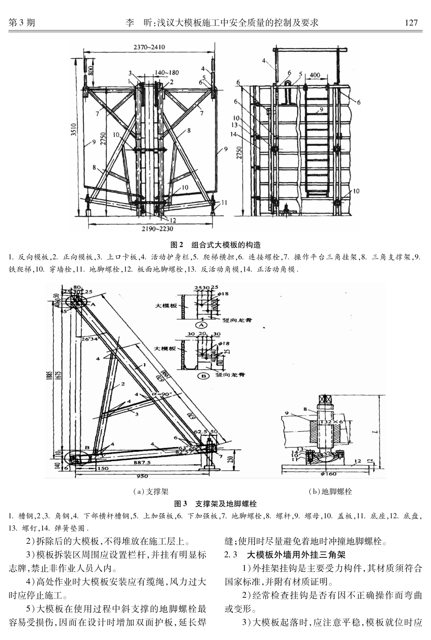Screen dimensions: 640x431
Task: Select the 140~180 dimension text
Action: tap(167, 72)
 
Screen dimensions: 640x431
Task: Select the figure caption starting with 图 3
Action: tap(215, 504)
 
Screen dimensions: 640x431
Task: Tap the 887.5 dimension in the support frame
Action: tap(142, 463)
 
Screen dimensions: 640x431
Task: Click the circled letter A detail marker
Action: tap(200, 325)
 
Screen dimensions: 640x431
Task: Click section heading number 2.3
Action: tap(231, 555)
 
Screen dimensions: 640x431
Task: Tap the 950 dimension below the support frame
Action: tap(142, 477)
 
